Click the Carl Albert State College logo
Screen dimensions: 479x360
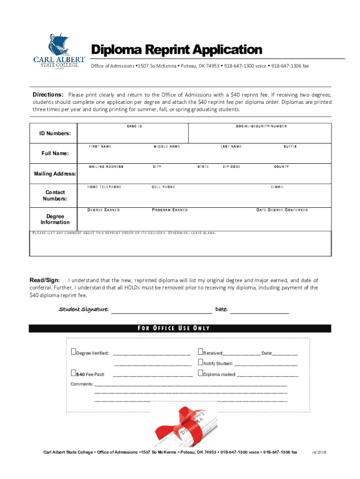[59, 52]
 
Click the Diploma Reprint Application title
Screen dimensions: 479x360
[176, 50]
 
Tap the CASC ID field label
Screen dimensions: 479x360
[134, 127]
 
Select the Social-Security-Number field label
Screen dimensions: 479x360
[261, 127]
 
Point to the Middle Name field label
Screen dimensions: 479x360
[166, 147]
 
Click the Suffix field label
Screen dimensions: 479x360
[290, 147]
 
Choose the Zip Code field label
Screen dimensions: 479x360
[231, 167]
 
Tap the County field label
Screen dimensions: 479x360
[281, 167]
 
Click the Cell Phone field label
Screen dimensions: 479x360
[163, 187]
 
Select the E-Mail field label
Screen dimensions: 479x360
[277, 187]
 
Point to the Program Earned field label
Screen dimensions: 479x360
[170, 210]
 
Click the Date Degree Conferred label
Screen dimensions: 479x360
[282, 210]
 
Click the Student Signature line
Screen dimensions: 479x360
[161, 310]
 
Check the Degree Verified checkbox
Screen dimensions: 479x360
[73, 352]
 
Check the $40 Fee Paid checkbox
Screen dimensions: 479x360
[73, 373]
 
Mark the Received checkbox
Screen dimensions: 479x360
[201, 352]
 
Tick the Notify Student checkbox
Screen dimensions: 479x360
[201, 363]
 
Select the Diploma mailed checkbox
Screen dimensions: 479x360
[201, 373]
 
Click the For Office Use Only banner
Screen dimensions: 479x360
[180, 328]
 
